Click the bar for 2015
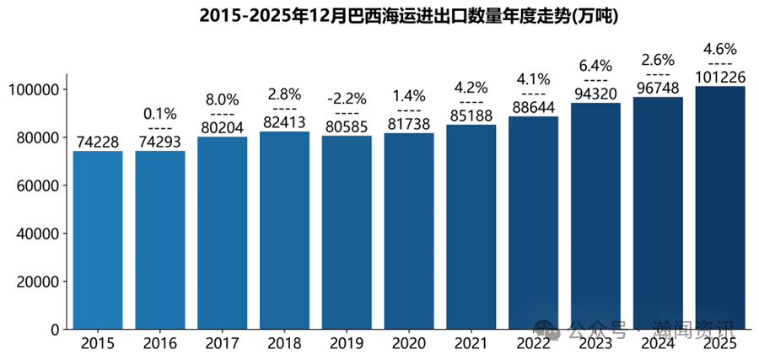pos(98,240)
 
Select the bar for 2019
pos(347,233)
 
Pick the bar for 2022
pos(533,223)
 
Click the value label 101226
pos(720,78)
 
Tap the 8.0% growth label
pos(222,98)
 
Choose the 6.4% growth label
pos(595,65)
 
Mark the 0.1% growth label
pos(160,112)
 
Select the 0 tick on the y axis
pos(52,330)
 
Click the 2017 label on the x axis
pos(222,344)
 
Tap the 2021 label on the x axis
pos(471,344)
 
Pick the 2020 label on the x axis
pos(409,344)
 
